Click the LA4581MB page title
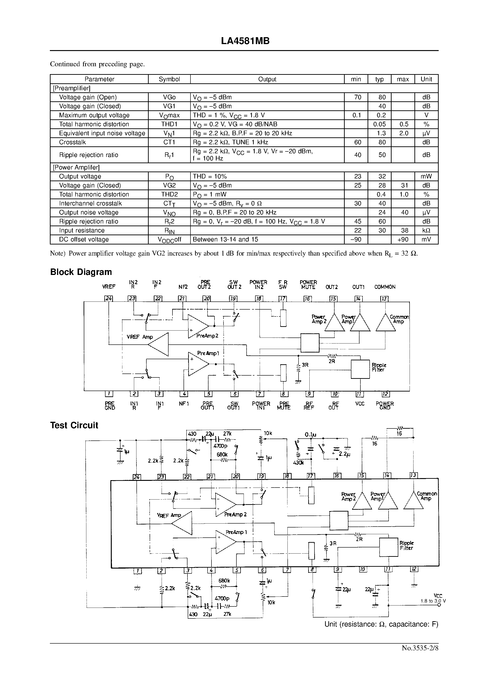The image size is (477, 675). coord(245,41)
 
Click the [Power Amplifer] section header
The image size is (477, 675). coord(76,168)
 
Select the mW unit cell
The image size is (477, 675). coord(426,176)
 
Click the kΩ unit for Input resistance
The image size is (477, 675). coord(426,230)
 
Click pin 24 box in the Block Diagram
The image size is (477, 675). coord(109,299)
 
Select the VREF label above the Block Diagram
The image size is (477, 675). coord(109,287)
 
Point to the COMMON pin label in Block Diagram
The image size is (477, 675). coord(385,287)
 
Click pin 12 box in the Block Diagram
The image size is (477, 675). coord(385,394)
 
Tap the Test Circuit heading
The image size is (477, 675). coord(74,425)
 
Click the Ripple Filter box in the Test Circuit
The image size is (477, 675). coord(389,547)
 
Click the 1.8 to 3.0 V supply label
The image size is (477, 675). coord(433,601)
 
